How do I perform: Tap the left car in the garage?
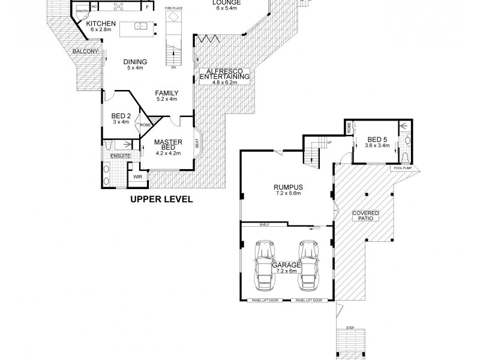tap(263, 263)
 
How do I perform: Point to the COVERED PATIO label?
tap(366, 216)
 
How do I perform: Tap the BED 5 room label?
tap(377, 142)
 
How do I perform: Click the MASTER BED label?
tap(164, 147)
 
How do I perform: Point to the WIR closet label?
tap(137, 177)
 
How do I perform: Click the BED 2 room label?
tap(121, 118)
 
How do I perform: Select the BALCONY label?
tap(85, 52)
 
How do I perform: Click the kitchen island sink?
tap(139, 26)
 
